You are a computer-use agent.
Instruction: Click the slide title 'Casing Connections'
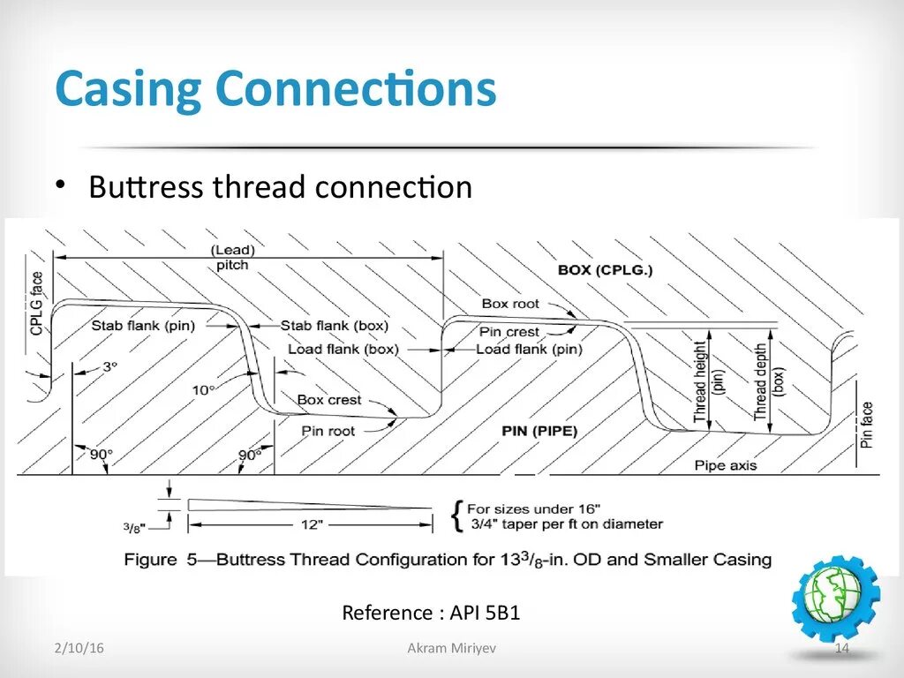[275, 90]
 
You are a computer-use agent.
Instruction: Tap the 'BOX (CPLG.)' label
[605, 270]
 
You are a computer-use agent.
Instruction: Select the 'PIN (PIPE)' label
[539, 431]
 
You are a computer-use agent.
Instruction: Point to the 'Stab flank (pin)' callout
[143, 326]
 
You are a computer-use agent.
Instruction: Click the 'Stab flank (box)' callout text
[335, 326]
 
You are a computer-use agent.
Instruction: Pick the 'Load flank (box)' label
[343, 349]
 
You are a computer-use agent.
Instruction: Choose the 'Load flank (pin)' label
[529, 349]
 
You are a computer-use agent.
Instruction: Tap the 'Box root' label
[510, 304]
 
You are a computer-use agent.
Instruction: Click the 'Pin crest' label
[509, 332]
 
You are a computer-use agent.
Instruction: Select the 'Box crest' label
[329, 400]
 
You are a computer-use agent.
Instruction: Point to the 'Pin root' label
[328, 431]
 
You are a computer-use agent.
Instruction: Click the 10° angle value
[204, 389]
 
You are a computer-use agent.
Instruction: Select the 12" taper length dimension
[309, 524]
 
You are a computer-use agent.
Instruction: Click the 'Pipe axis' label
[726, 465]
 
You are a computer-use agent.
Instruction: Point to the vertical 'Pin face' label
[868, 425]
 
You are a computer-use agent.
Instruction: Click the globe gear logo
[836, 599]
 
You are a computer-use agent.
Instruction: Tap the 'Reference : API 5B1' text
[431, 613]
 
